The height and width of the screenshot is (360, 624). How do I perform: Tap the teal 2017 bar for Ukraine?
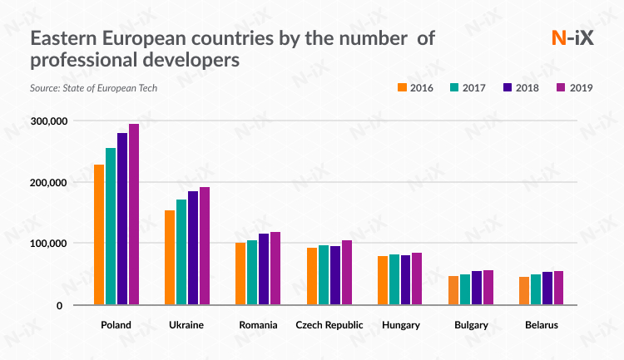(181, 252)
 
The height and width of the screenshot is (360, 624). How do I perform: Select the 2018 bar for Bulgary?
(477, 288)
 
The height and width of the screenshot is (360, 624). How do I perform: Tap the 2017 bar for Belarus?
(536, 289)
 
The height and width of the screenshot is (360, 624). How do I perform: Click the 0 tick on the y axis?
(59, 305)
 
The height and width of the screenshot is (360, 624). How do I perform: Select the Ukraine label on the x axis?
(187, 324)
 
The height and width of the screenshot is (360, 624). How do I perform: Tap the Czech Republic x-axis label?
(329, 324)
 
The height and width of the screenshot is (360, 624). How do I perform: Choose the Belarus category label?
(541, 324)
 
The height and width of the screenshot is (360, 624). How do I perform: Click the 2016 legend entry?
(417, 87)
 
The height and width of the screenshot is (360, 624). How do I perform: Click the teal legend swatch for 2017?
(455, 87)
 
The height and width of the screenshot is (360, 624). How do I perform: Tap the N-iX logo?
(572, 37)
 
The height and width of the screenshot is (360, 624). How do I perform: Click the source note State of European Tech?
(93, 87)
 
